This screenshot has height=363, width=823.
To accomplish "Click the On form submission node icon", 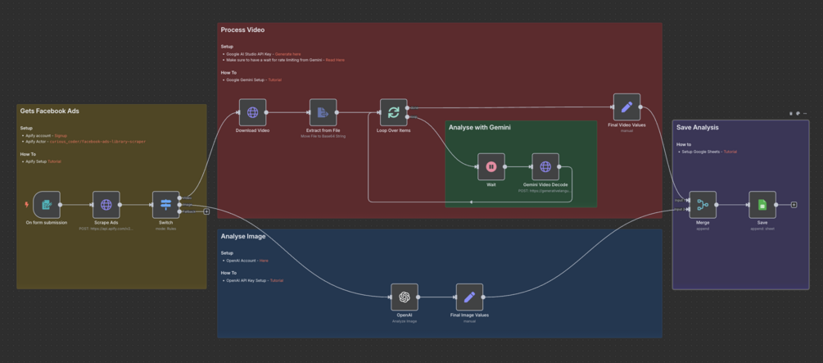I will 47,205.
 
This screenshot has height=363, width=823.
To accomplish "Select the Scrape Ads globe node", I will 106,205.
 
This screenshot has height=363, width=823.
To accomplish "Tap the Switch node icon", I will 165,205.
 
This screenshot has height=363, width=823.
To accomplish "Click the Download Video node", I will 252,113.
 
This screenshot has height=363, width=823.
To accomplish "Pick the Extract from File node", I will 323,113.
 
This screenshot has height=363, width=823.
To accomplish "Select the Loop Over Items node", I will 393,113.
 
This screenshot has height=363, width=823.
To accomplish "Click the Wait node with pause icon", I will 491,167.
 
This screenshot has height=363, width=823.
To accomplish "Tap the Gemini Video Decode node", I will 545,167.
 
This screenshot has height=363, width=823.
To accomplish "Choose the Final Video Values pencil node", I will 626,107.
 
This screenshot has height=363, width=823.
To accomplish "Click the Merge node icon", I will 703,205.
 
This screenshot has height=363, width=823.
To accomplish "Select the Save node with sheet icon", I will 762,205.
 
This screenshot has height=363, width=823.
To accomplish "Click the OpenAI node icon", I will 404,297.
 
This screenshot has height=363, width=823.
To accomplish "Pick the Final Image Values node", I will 469,297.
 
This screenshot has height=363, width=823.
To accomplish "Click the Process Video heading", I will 242,30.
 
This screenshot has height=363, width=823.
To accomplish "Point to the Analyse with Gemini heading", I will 480,128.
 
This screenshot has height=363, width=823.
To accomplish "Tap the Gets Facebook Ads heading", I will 49,111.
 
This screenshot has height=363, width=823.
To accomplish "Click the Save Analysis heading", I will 697,127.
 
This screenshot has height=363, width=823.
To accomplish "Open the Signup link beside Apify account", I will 61,135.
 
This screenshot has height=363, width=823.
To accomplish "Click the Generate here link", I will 287,54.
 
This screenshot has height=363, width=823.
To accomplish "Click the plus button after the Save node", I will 794,205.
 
